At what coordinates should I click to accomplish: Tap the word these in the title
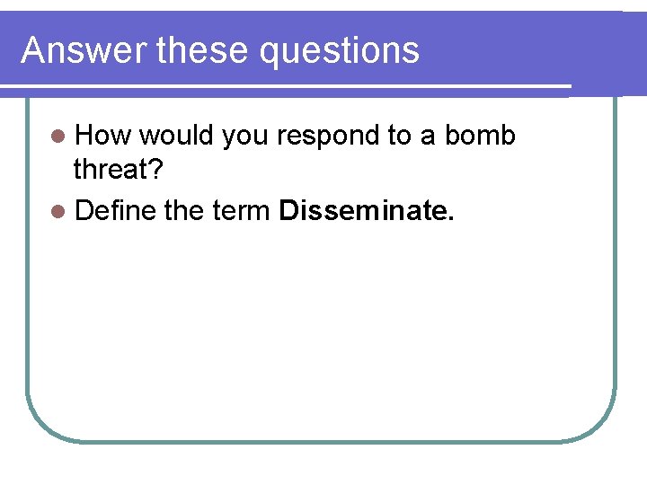204,50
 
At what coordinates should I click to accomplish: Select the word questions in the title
340,52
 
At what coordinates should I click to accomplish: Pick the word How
103,136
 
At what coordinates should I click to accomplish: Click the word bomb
480,136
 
